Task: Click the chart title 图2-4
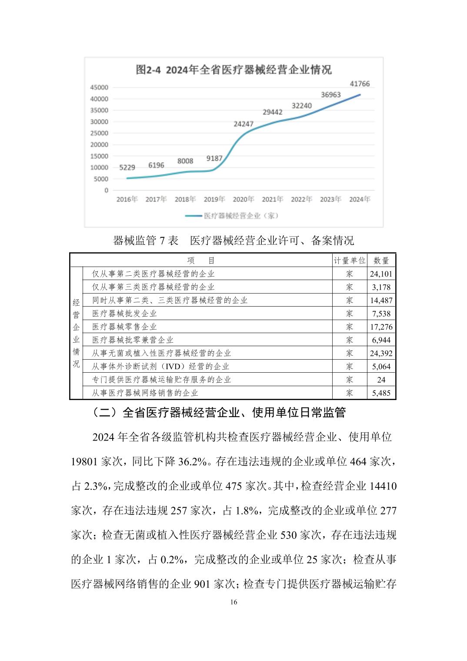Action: coord(233,70)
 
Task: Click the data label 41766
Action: coord(360,84)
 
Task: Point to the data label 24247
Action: coord(244,124)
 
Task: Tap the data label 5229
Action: coord(127,167)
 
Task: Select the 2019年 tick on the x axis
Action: coord(214,199)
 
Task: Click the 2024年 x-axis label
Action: coord(360,199)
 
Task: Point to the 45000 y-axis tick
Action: coord(99,87)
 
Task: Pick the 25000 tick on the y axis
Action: coord(99,133)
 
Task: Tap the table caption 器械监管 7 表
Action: coord(146,240)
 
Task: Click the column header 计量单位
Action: coord(350,260)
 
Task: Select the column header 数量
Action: coord(381,260)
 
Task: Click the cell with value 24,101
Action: coord(381,274)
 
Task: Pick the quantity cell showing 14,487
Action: coord(381,300)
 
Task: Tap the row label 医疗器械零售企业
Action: coord(124,327)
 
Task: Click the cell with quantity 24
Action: coord(381,380)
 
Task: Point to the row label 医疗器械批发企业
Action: coord(124,314)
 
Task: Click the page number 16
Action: coord(234,602)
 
